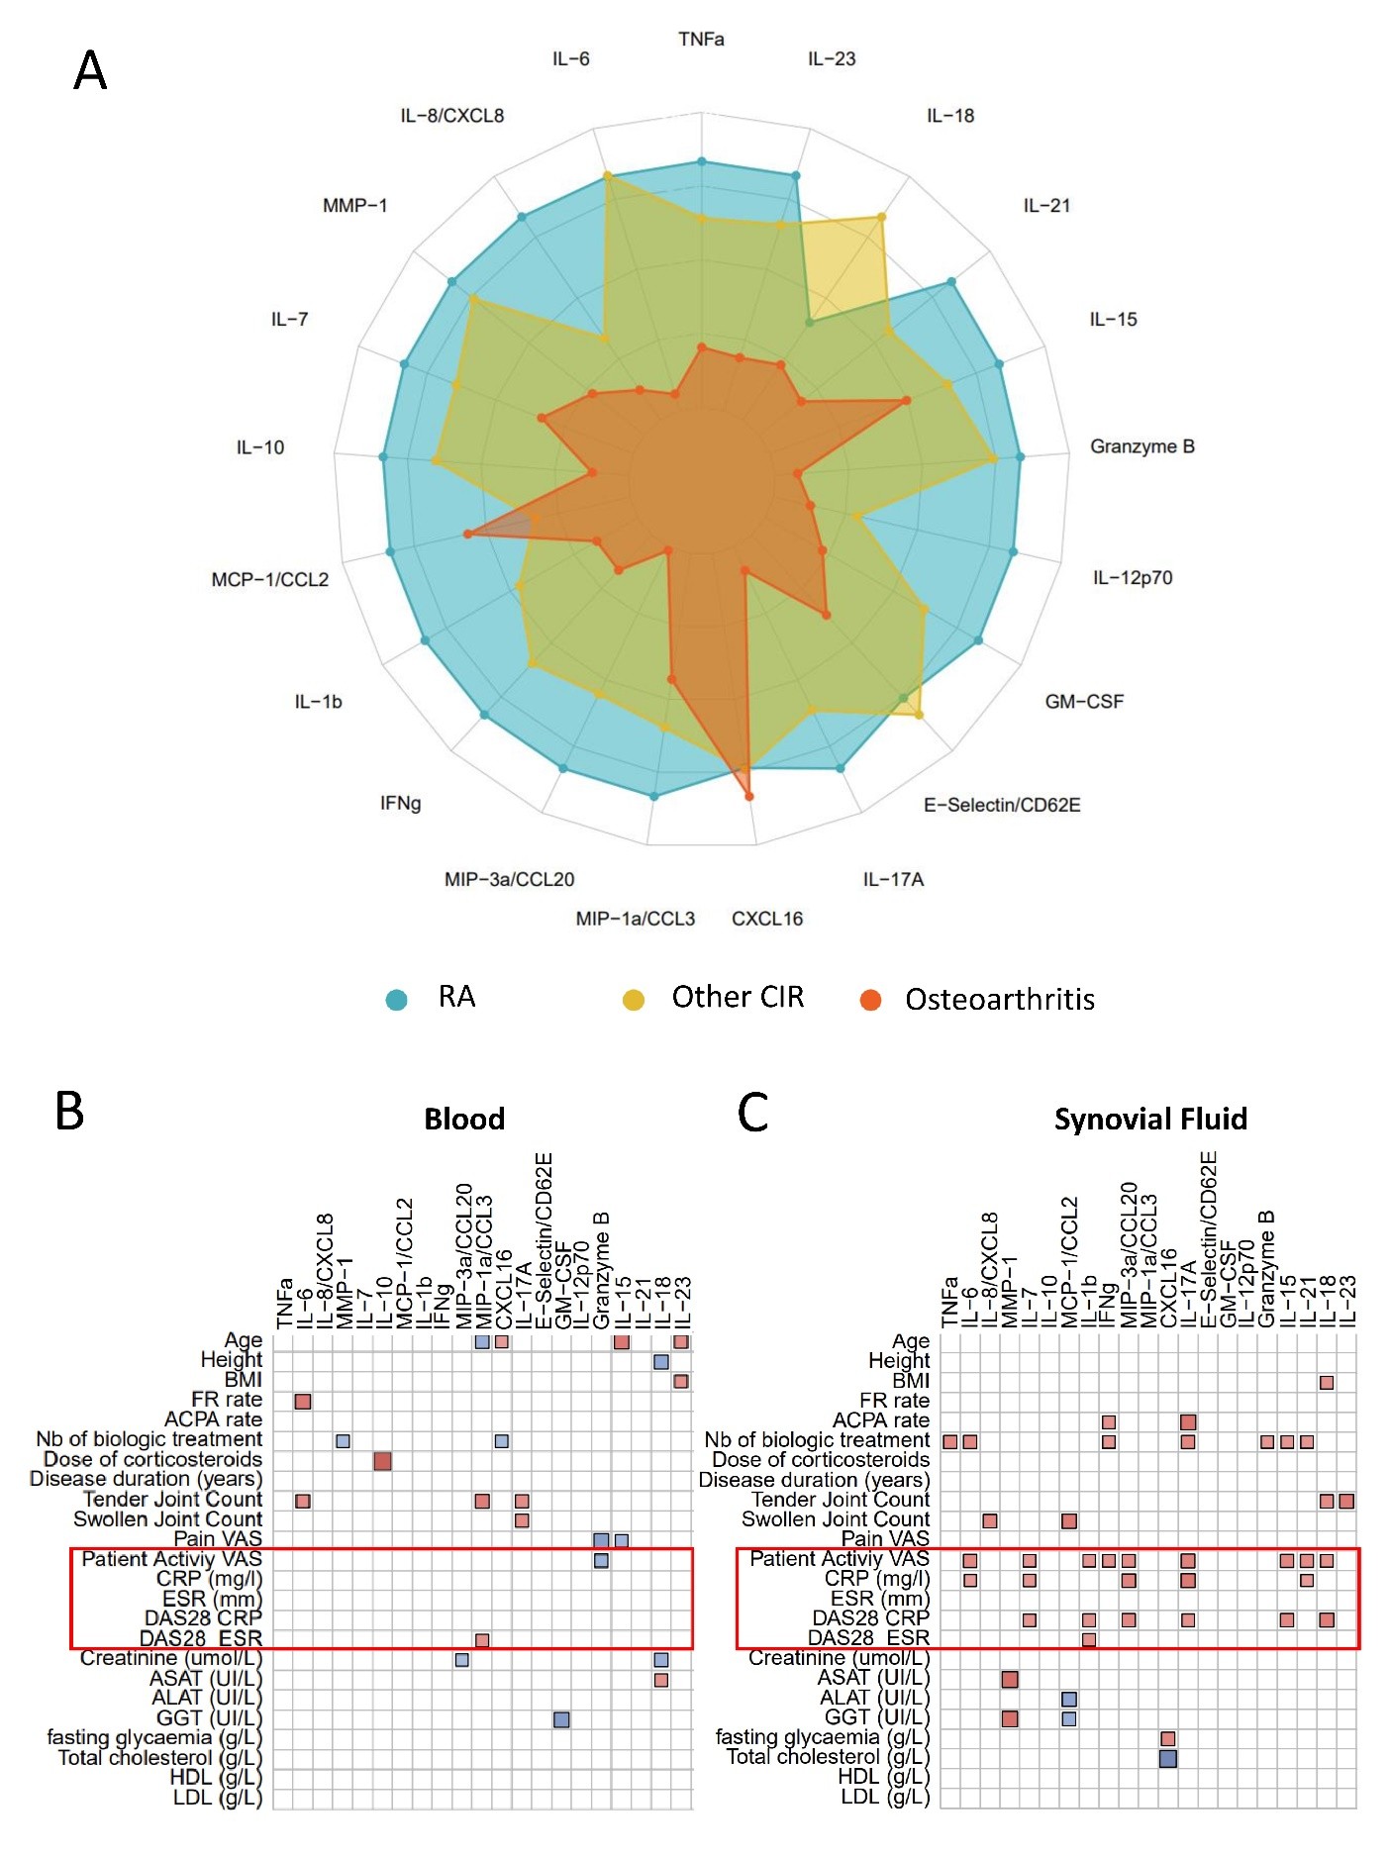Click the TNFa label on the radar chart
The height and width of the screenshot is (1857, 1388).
[x=701, y=39]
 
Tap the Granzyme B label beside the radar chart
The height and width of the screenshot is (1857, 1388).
[x=1141, y=446]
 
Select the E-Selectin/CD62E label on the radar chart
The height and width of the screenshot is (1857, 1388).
[x=1001, y=805]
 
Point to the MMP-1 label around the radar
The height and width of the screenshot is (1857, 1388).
[x=354, y=205]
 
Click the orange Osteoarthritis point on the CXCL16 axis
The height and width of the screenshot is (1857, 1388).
[x=748, y=796]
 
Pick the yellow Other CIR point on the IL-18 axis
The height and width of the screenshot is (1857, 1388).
[x=882, y=217]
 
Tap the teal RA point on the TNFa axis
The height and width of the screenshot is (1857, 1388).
[x=702, y=161]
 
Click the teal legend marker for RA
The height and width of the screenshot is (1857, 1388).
[x=396, y=999]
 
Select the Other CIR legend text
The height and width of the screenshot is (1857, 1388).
[x=738, y=997]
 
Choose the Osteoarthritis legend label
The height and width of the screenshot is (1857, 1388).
[x=1000, y=999]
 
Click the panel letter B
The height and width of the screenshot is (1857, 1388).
[x=69, y=1111]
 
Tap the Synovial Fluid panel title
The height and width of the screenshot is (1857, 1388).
[x=1150, y=1119]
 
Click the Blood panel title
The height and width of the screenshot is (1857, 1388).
[x=464, y=1119]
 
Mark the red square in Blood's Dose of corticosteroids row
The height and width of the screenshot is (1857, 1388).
[x=382, y=1461]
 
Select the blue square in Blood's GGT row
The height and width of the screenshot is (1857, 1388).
[x=561, y=1719]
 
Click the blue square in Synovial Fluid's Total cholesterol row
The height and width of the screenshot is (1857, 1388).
[x=1167, y=1758]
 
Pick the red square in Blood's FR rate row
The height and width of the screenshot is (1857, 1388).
[x=303, y=1401]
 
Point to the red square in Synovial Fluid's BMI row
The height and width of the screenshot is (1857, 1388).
[x=1327, y=1382]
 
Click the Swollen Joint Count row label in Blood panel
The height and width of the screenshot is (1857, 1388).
[x=167, y=1519]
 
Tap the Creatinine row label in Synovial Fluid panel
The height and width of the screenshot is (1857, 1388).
[x=839, y=1658]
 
